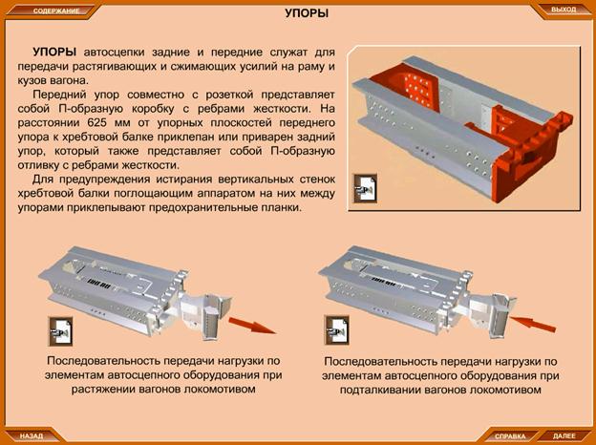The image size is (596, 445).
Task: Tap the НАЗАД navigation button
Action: point(32,435)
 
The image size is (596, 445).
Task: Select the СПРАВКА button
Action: point(510,435)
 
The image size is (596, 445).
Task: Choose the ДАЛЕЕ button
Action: point(564,435)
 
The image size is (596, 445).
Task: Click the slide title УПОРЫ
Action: point(307,13)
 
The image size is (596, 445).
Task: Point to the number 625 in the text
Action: point(98,123)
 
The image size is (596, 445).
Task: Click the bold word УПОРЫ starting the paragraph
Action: point(54,52)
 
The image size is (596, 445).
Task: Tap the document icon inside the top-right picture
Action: point(365,188)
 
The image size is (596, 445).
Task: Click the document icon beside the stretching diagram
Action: point(60,331)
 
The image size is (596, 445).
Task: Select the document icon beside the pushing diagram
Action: point(336,329)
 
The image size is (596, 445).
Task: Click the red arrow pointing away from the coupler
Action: point(252,326)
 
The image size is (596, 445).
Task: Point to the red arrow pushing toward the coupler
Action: point(532,324)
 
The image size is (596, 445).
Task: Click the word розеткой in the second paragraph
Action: point(235,95)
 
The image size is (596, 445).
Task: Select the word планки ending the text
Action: point(283,208)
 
